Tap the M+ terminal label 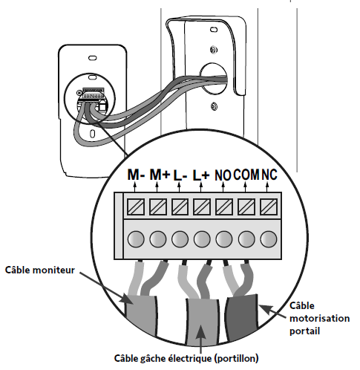160,175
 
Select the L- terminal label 180,175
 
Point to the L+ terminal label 201,175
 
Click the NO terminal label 223,175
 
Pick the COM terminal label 246,175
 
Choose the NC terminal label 269,175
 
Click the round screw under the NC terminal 269,239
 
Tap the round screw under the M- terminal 136,239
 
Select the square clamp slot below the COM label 246,207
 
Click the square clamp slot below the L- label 180,207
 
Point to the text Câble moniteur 40,270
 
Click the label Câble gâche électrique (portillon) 186,358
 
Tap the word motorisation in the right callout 319,318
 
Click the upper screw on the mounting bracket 214,50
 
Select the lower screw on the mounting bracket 214,107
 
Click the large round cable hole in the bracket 213,79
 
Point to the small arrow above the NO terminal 223,187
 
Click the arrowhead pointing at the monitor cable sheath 126,299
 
